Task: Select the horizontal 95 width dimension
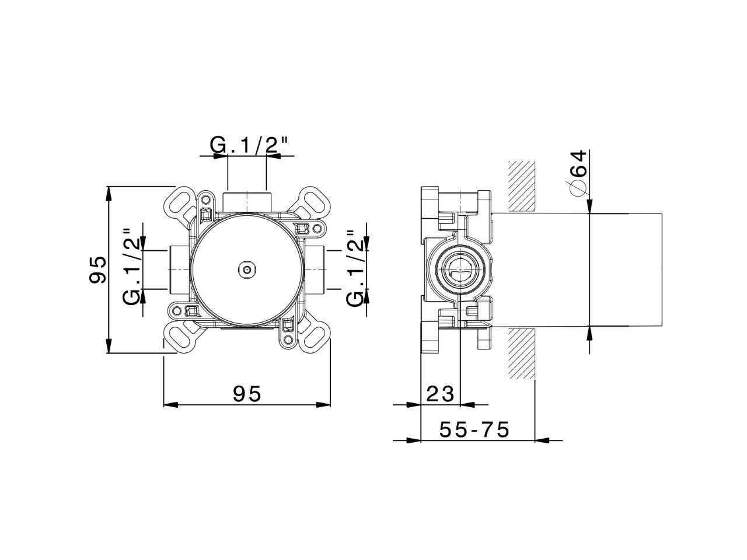pos(246,395)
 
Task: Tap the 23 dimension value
pos(440,395)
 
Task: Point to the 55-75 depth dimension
pos(474,430)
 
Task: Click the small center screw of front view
pos(247,269)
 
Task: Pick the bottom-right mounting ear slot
pos(314,337)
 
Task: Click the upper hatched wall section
pos(521,185)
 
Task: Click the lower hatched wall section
pos(521,353)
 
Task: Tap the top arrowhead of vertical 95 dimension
pos(109,192)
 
